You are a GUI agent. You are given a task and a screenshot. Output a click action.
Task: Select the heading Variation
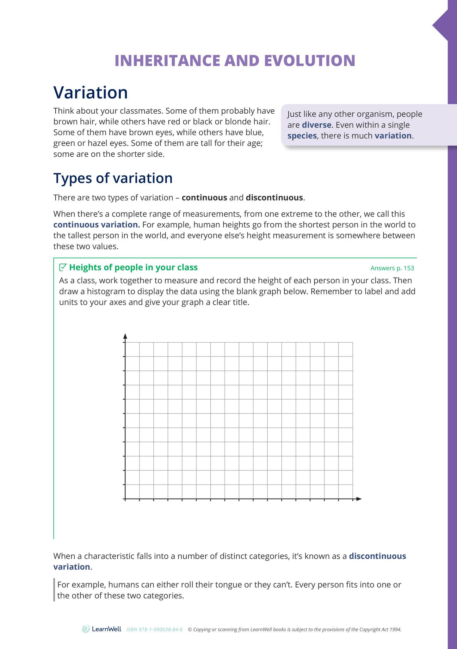tap(90, 92)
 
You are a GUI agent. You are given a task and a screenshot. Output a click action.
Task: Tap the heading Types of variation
tap(113, 178)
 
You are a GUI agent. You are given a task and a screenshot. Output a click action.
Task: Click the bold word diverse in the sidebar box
tap(316, 125)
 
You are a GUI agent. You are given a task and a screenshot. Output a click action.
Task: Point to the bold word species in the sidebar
tap(302, 136)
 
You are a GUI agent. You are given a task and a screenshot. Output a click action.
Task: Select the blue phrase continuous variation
tap(96, 225)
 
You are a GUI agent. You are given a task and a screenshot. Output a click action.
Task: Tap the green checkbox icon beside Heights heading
tap(63, 267)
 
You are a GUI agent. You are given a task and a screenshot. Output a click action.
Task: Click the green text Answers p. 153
tap(392, 268)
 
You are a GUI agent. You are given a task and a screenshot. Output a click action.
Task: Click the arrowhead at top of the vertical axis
tap(125, 336)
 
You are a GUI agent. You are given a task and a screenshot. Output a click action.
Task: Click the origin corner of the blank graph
tap(125, 499)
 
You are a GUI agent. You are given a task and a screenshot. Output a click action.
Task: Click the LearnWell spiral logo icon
tap(86, 629)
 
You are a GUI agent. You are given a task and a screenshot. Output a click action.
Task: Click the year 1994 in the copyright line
tap(395, 630)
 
